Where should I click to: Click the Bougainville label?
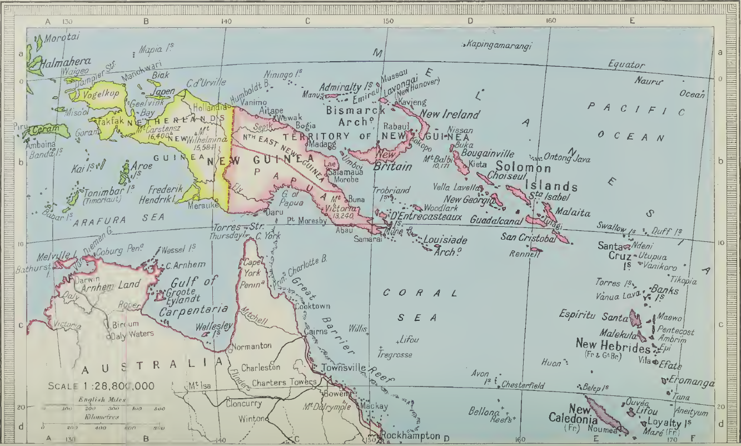[487, 153]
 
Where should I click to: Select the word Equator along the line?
[626, 65]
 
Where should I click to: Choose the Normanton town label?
[251, 345]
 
